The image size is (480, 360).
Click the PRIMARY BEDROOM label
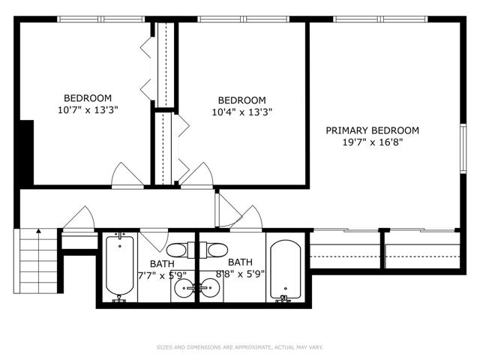(372, 130)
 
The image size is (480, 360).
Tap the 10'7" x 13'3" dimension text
(88, 110)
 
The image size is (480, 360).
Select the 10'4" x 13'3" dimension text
(241, 112)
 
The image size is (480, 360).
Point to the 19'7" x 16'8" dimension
(372, 142)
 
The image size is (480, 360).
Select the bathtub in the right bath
(285, 270)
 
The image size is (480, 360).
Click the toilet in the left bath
(179, 250)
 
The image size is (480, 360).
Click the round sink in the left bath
(184, 288)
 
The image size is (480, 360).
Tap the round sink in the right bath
(210, 288)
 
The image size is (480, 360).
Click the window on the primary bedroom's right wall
(463, 148)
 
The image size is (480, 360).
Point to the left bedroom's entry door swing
(127, 175)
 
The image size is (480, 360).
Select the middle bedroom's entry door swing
(196, 175)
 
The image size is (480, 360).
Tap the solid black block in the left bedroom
(27, 152)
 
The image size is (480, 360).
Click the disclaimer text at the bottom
(240, 347)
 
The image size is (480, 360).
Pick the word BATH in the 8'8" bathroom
(240, 262)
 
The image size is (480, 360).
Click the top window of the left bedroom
(101, 19)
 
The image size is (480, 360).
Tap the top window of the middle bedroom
(243, 19)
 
